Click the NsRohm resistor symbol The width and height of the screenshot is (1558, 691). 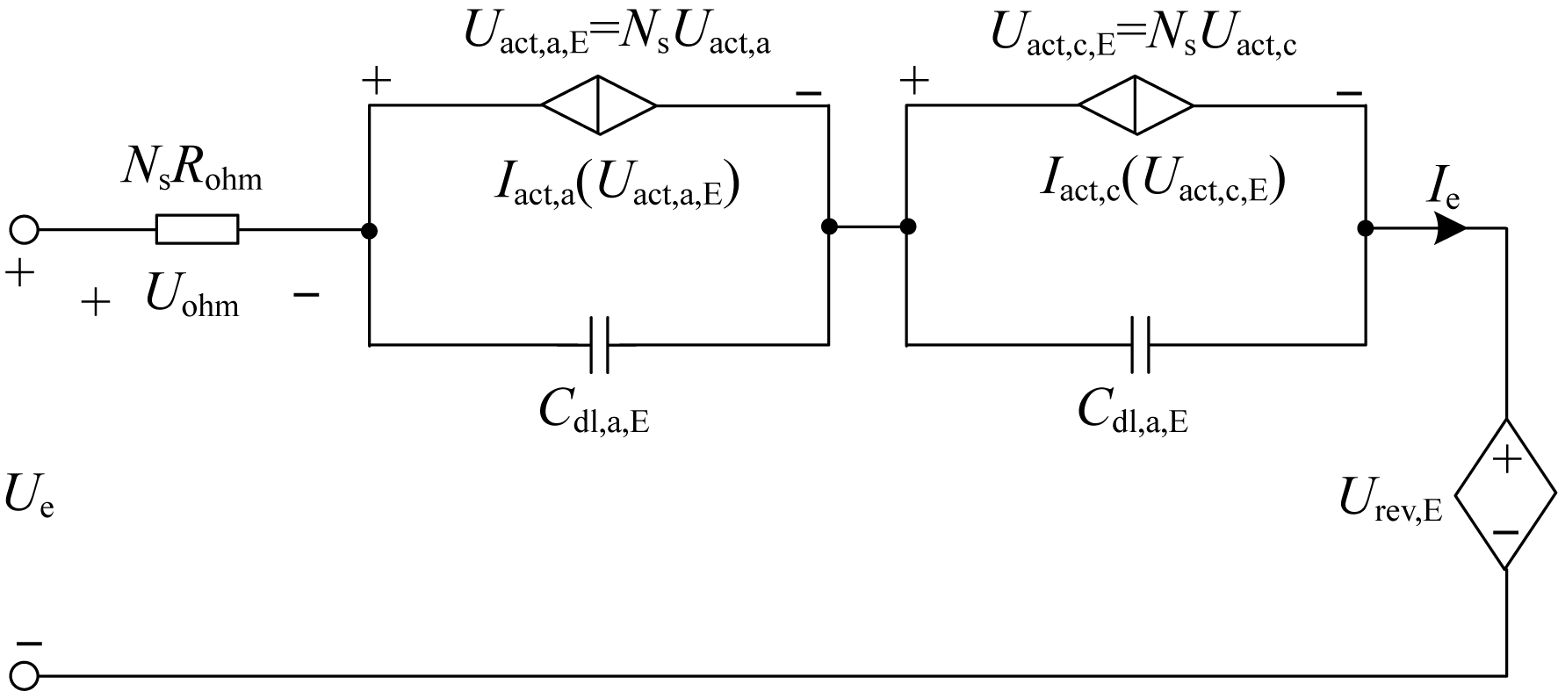coord(197,229)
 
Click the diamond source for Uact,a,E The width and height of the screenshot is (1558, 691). coord(599,105)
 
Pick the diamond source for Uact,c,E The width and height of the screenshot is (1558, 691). coord(1136,105)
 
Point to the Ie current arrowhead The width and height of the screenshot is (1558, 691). coord(1450,229)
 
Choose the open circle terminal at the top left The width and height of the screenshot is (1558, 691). coord(24,230)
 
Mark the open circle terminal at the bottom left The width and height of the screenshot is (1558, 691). coord(24,676)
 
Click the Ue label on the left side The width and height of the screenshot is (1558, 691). coord(28,497)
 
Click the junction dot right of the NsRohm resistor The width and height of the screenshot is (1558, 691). coord(370,230)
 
